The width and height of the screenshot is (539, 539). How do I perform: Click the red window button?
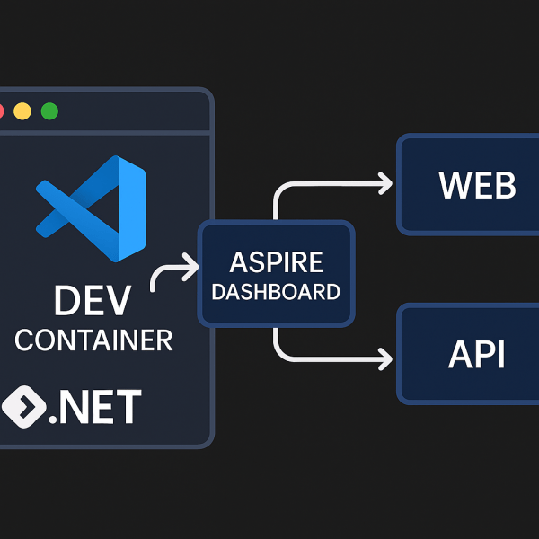(x=2, y=111)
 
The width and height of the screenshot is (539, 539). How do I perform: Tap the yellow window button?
(x=22, y=111)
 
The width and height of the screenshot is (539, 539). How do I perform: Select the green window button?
(x=49, y=111)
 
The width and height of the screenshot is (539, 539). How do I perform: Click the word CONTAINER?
(x=93, y=340)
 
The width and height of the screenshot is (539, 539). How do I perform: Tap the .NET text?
(x=93, y=407)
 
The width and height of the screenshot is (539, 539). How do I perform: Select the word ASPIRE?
(x=275, y=262)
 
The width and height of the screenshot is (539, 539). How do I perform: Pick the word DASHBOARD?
(x=276, y=292)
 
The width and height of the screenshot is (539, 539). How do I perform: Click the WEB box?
(x=467, y=185)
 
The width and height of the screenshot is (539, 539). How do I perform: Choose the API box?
(x=467, y=355)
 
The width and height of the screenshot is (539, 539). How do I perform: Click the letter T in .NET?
(x=128, y=407)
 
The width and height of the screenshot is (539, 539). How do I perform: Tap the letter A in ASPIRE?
(x=239, y=262)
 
